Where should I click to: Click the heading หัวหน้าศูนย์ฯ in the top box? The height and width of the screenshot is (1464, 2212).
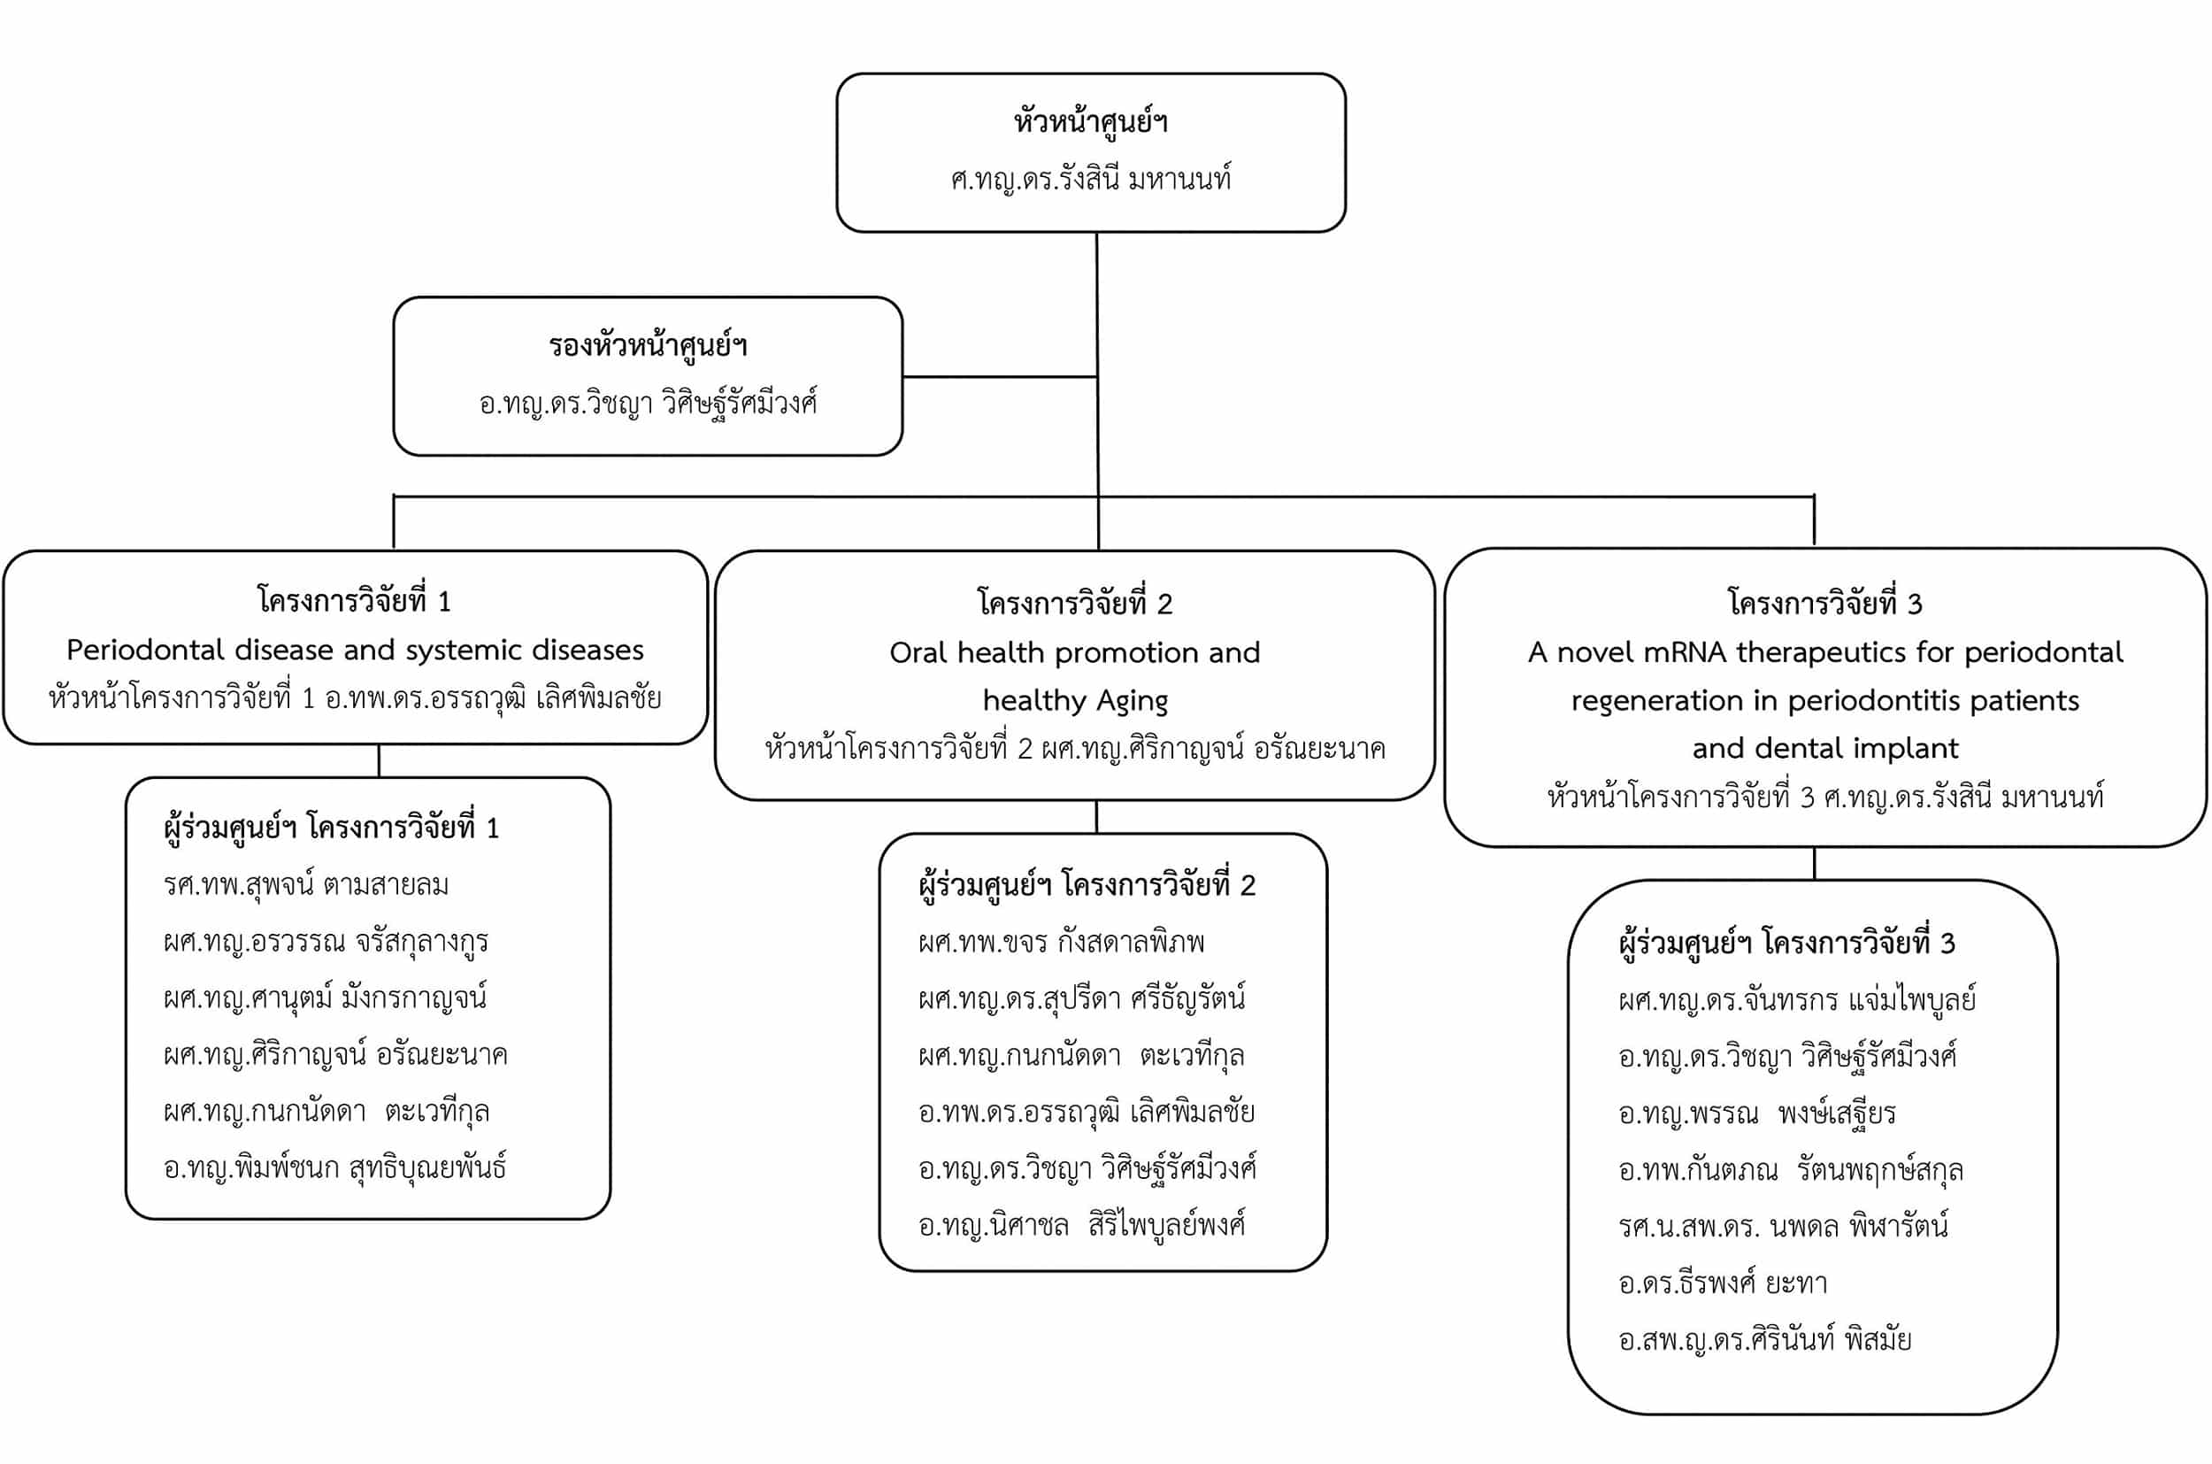coord(1090,122)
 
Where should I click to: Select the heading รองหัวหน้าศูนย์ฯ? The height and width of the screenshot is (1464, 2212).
coord(648,345)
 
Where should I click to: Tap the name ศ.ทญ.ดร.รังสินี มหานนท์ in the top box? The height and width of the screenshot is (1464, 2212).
coord(1090,178)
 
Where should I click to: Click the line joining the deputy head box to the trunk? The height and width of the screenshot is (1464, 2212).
coord(1000,377)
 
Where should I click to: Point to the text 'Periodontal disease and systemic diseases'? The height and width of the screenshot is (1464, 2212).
coord(355,650)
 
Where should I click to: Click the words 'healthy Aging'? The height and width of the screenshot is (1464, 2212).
coord(1075,700)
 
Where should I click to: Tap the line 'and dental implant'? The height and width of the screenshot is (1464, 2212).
coord(1824,748)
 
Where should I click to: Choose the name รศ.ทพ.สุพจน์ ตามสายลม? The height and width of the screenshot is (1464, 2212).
coord(306,884)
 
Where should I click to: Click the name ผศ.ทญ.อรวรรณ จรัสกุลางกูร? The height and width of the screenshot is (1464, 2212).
coord(326,941)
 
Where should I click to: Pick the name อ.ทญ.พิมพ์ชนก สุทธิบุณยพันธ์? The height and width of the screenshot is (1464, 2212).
coord(334,1168)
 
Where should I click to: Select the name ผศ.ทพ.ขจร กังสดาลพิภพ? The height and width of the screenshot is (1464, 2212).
coord(1061,942)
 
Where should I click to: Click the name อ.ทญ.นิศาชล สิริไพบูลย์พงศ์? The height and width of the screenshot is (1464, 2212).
coord(1082,1225)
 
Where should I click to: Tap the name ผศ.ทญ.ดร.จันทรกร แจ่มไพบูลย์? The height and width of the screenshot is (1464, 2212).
coord(1798,1000)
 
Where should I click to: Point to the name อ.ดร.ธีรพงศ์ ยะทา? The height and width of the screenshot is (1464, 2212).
coord(1723,1283)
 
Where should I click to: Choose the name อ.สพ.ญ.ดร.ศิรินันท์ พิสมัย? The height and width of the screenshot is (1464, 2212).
coord(1765,1340)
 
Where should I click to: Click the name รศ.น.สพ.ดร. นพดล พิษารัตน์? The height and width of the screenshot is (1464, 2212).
coord(1784,1226)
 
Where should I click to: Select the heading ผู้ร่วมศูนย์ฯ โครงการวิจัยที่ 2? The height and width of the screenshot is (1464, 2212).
coord(1087,885)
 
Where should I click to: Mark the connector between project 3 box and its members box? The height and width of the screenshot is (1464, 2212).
coord(1815,864)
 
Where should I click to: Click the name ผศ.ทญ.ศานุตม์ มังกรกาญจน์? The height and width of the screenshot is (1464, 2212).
coord(325,998)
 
